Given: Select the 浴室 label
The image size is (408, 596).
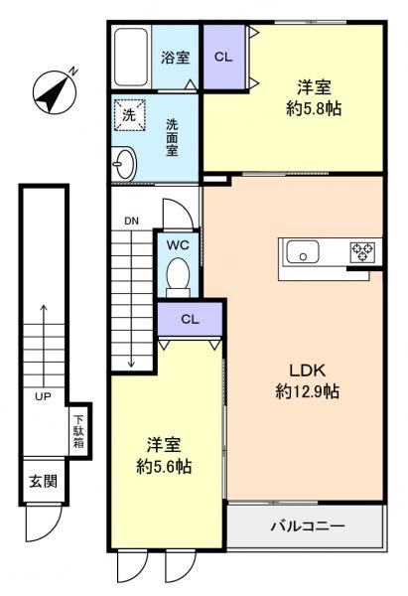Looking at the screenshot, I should click(175, 59).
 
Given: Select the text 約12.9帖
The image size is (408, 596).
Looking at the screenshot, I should click(307, 391).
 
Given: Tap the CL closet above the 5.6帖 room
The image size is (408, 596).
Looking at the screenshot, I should click(188, 319).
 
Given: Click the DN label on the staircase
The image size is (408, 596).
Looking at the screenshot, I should click(131, 221).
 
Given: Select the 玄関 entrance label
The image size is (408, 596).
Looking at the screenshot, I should click(42, 483).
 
